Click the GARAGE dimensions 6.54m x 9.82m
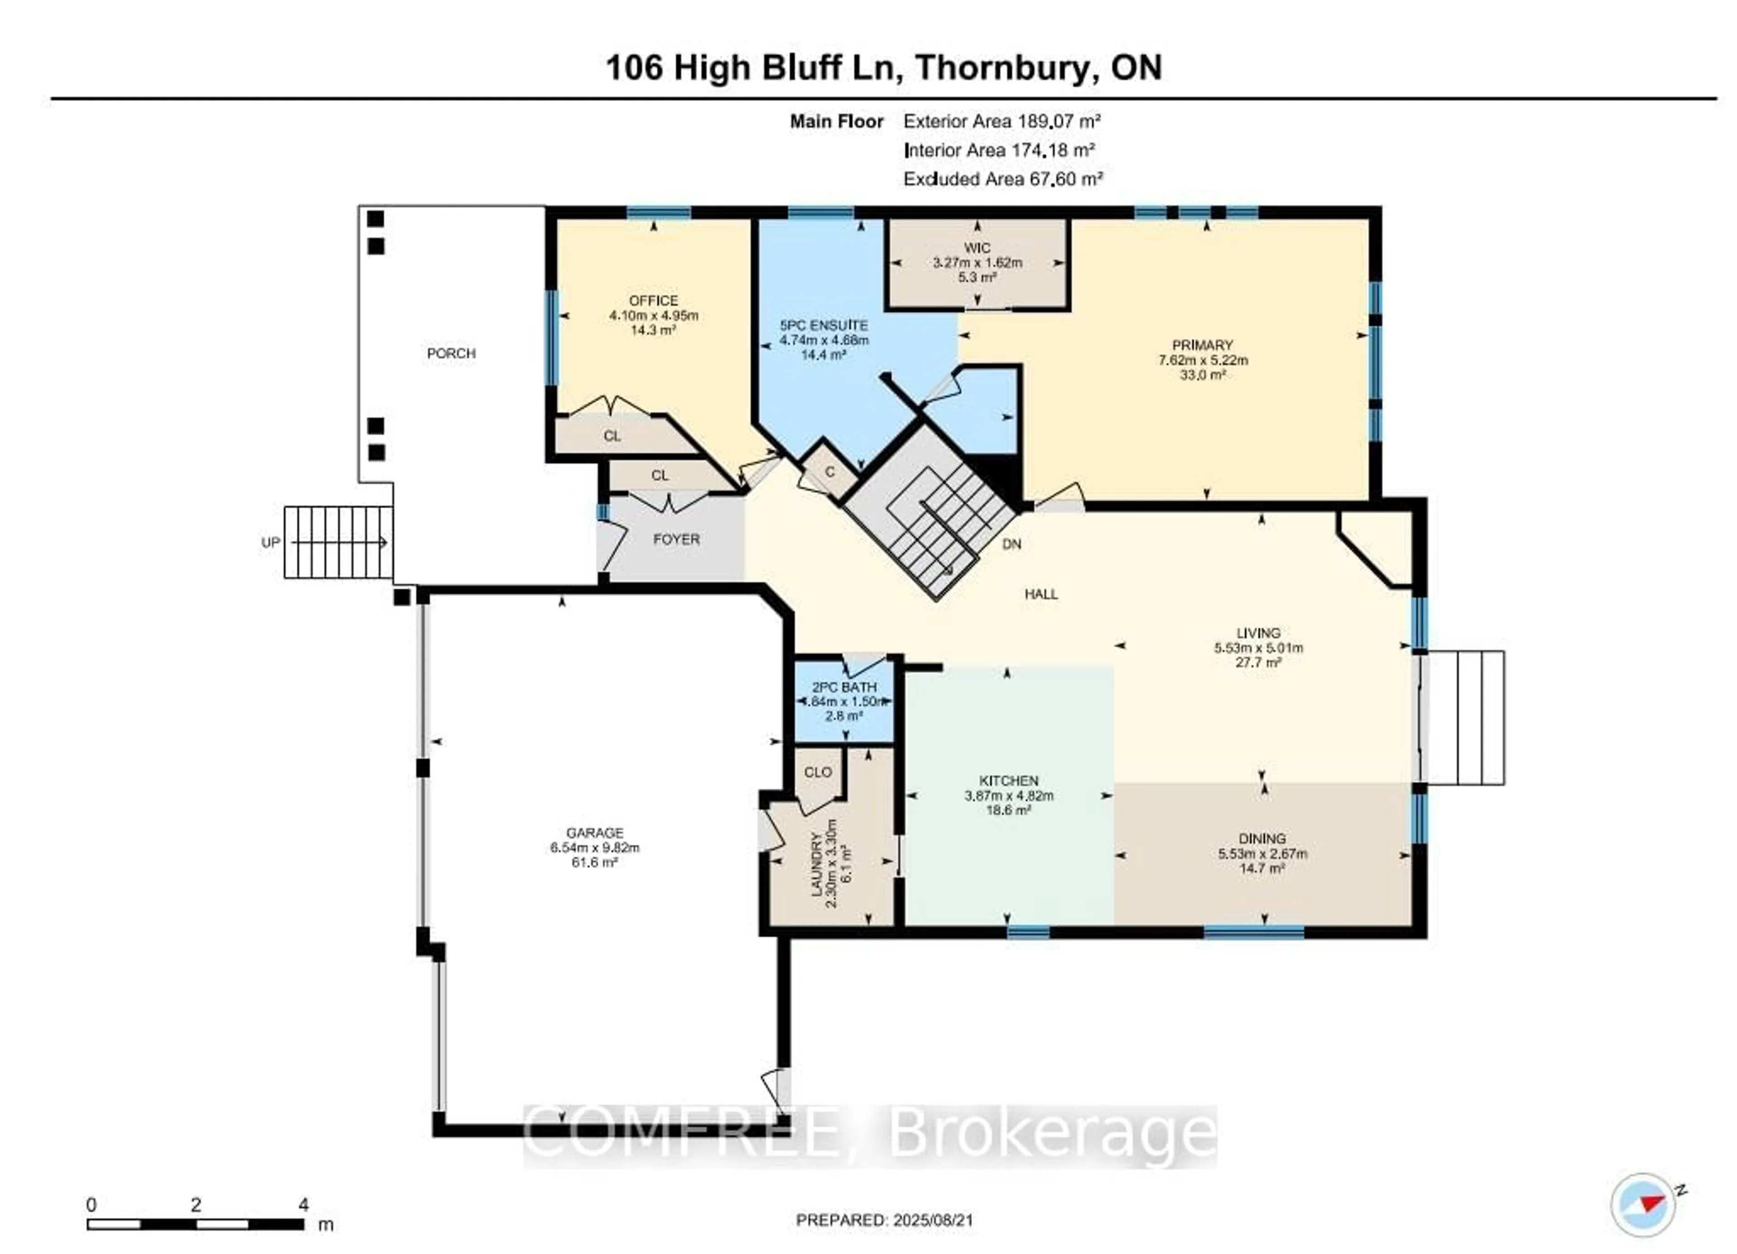[x=594, y=848]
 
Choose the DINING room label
[x=1262, y=838]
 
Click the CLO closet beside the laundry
[x=817, y=773]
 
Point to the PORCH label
[x=451, y=354]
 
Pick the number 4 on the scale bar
[x=303, y=1204]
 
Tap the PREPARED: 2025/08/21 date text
[x=885, y=1220]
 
